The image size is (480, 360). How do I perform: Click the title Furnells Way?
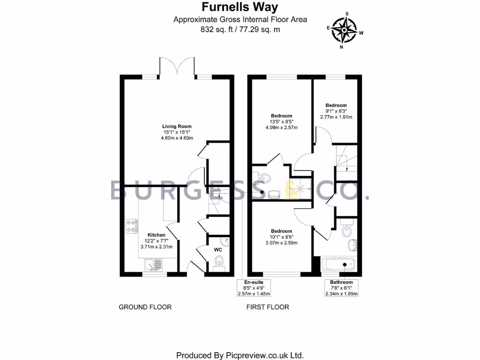pyautogui.click(x=240, y=7)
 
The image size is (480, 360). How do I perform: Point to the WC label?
pyautogui.click(x=218, y=250)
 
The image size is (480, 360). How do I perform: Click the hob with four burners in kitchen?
pyautogui.click(x=132, y=226)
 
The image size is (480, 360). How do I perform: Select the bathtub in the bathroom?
pyautogui.click(x=339, y=265)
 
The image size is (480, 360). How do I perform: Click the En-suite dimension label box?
pyautogui.click(x=254, y=288)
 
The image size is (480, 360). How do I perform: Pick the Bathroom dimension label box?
pyautogui.click(x=341, y=288)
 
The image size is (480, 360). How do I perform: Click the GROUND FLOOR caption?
pyautogui.click(x=145, y=307)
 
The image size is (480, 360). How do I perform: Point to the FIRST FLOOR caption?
pyautogui.click(x=268, y=307)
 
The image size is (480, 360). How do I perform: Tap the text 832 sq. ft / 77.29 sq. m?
pyautogui.click(x=240, y=29)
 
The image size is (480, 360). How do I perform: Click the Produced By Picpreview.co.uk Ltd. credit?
pyautogui.click(x=240, y=355)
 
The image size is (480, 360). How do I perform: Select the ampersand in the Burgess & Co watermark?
pyautogui.click(x=299, y=190)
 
